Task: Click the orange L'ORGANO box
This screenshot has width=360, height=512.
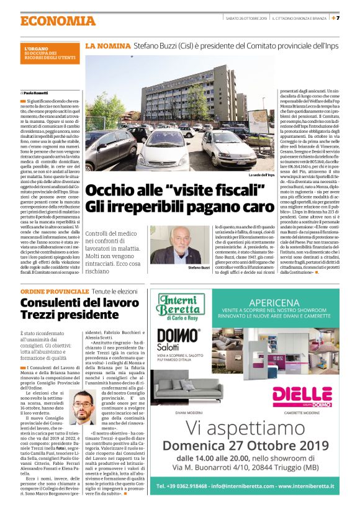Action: [x=50, y=53]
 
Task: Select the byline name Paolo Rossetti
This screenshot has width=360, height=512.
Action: [x=40, y=92]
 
